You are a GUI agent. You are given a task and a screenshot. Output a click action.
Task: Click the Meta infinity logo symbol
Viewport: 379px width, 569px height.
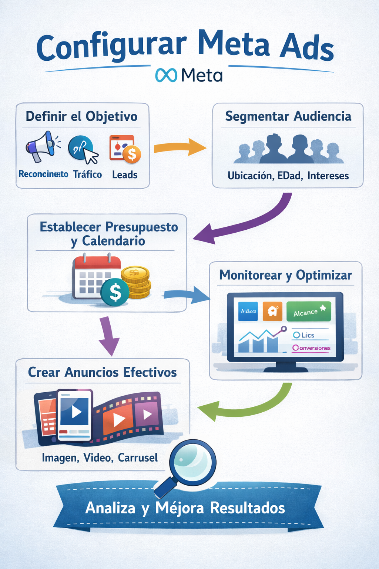[x=166, y=75]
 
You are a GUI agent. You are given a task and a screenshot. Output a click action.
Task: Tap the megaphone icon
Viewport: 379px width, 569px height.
[x=41, y=146]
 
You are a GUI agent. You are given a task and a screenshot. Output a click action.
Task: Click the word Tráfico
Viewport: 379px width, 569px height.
[x=87, y=174]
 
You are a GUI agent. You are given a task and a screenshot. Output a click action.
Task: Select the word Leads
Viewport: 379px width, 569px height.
[x=125, y=175]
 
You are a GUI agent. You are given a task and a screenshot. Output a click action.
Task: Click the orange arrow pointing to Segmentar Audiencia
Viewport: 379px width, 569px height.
[x=180, y=147]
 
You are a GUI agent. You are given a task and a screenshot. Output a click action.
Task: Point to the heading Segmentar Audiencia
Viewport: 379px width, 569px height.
[x=288, y=116]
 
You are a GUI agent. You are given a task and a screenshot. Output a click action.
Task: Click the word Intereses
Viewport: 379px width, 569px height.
[x=328, y=176]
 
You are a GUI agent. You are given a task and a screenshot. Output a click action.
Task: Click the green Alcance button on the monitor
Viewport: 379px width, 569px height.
[x=308, y=312]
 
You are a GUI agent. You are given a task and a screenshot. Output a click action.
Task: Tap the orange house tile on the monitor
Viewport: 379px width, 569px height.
[x=272, y=311]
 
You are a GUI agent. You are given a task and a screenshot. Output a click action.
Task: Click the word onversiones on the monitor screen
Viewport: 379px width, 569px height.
[x=315, y=348]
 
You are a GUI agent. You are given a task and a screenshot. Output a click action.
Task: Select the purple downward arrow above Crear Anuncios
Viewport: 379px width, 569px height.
[x=108, y=336]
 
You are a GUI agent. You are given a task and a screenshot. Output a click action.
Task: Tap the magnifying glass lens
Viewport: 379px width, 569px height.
[x=193, y=462]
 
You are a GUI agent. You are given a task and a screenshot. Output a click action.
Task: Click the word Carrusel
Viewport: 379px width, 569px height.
[x=138, y=458]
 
